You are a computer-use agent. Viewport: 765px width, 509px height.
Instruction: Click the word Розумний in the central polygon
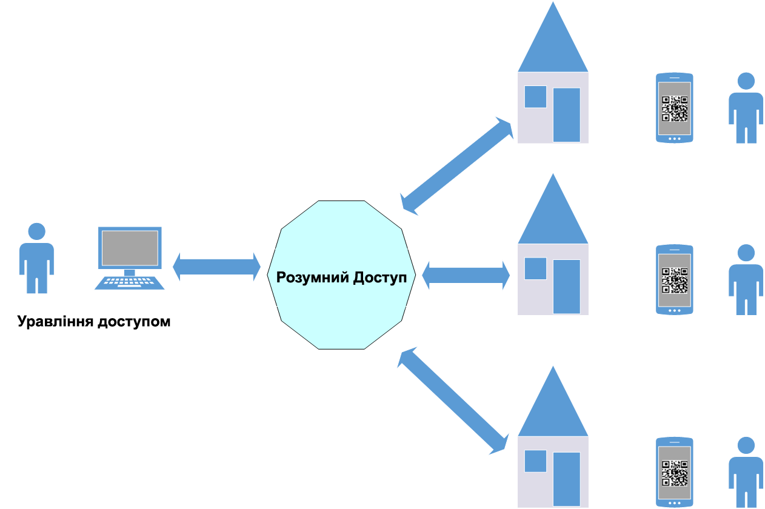click(310, 278)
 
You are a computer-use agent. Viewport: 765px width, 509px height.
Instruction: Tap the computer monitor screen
click(130, 247)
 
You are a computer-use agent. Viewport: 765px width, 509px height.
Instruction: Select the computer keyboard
click(129, 283)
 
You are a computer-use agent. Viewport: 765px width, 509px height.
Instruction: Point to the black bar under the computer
click(93, 322)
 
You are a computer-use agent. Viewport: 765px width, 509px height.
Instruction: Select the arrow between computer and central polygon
click(216, 267)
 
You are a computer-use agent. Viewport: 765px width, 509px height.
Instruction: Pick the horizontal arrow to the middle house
click(466, 276)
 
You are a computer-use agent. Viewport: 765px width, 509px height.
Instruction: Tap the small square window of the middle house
click(535, 268)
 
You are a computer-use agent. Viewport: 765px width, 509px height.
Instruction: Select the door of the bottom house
click(567, 479)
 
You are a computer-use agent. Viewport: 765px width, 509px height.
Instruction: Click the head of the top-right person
click(746, 81)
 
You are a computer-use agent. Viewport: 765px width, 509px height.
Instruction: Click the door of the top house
click(567, 115)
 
